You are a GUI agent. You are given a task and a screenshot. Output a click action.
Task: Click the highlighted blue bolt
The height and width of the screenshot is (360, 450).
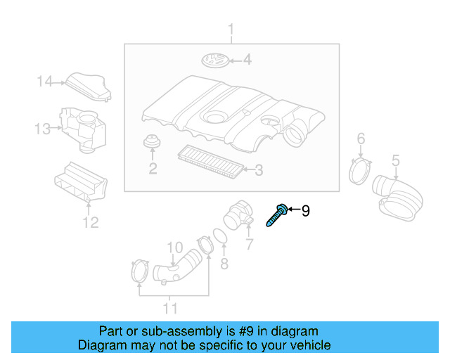276,214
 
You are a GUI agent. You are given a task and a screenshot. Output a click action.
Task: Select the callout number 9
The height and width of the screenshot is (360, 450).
305,210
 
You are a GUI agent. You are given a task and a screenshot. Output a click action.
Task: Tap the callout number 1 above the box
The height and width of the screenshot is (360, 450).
231,29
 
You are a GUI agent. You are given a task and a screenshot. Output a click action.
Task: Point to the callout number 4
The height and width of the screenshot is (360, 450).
247,60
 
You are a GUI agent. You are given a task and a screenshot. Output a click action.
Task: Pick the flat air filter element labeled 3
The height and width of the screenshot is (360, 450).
210,160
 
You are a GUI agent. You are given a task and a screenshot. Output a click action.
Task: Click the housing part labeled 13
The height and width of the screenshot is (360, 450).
83,128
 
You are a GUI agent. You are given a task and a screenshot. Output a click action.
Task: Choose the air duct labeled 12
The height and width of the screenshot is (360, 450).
82,184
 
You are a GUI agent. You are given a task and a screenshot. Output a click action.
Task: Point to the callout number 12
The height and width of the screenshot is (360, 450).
90,223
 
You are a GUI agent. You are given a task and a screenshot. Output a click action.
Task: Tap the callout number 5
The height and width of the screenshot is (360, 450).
395,160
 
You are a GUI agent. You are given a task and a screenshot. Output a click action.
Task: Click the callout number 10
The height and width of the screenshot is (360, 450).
174,247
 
